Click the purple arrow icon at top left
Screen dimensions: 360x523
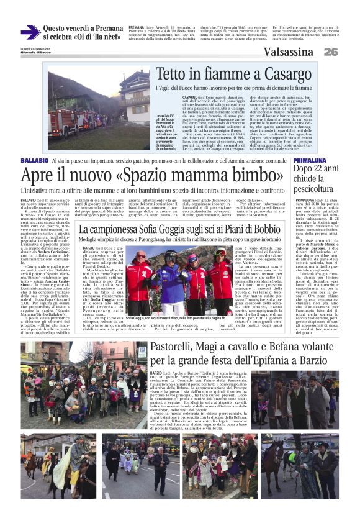click(30, 32)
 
